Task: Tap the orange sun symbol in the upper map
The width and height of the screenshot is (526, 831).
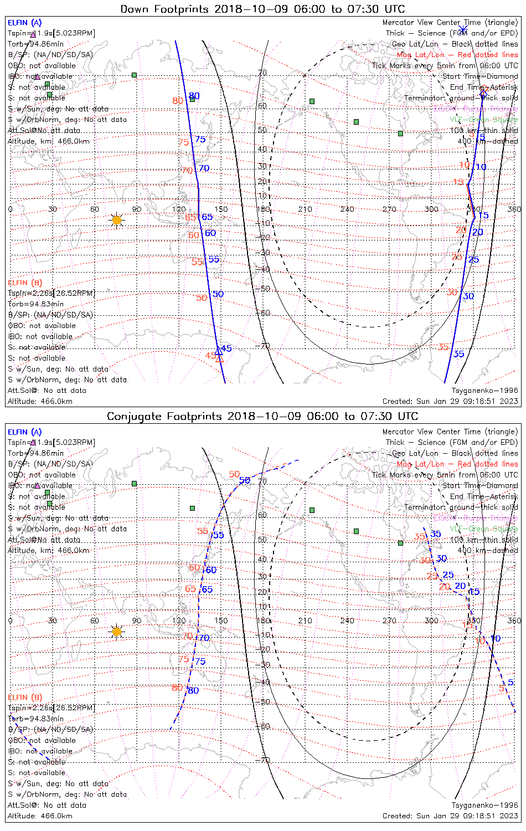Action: point(116,220)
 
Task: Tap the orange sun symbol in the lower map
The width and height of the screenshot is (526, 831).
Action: point(116,631)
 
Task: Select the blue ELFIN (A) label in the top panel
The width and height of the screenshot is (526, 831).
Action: point(24,23)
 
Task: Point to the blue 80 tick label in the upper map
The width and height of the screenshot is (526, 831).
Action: point(194,96)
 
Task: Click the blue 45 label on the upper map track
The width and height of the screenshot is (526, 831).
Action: point(226,348)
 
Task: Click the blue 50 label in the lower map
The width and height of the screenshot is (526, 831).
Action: point(245,480)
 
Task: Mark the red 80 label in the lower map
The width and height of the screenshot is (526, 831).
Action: point(177,688)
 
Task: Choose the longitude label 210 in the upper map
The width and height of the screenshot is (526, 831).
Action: point(305,209)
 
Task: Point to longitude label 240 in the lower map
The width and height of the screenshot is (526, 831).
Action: point(347,620)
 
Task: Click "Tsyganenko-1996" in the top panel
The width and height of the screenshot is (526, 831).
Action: point(484,391)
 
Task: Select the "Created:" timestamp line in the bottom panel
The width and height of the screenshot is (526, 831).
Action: point(450,815)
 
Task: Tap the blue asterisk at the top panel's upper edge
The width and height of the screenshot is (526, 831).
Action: point(463,29)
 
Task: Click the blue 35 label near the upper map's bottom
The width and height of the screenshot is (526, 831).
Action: point(459,354)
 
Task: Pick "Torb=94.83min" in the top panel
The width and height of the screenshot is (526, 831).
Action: point(35,304)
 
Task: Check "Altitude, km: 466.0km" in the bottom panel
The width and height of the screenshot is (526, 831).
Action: point(48,550)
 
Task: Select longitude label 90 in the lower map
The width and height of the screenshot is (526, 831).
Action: point(137,620)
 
